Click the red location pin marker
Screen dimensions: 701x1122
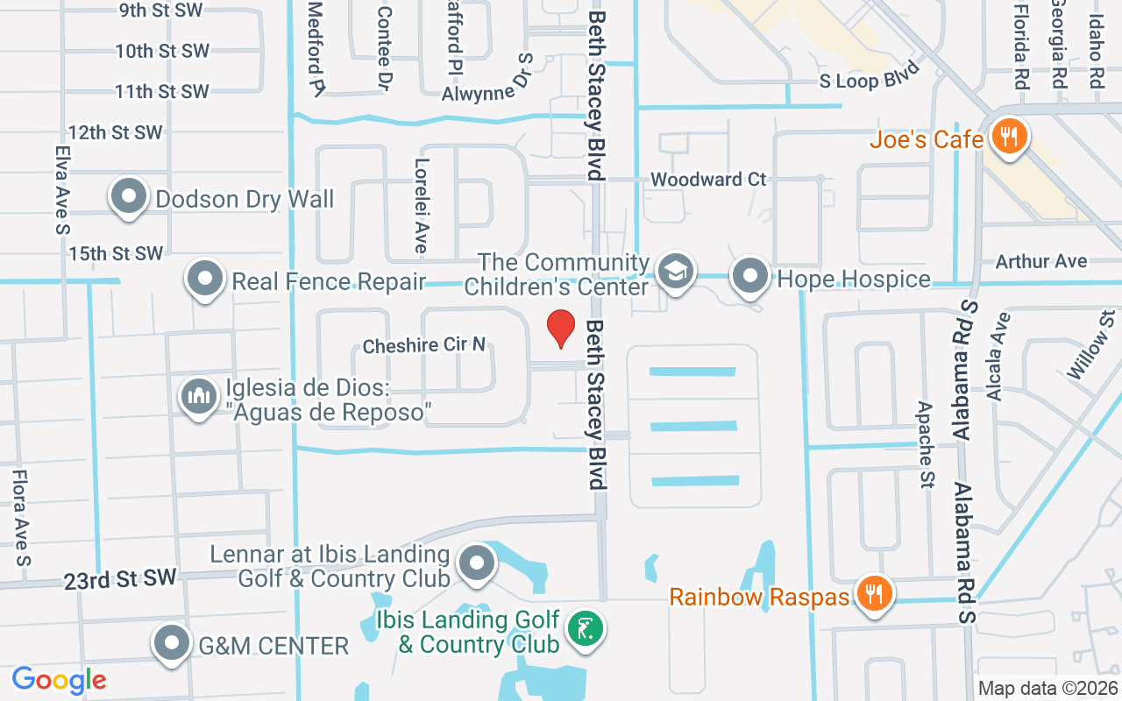(561, 327)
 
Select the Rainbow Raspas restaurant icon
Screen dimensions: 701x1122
(873, 595)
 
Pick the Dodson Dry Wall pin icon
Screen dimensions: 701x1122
(129, 196)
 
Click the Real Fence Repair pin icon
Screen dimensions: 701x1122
(205, 280)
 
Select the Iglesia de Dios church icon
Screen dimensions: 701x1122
(199, 396)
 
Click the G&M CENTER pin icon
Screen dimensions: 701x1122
(172, 644)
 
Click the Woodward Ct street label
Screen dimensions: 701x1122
(708, 180)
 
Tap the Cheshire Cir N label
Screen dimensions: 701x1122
(424, 345)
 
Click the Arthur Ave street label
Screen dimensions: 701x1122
(1041, 261)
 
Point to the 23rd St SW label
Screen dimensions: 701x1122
(120, 578)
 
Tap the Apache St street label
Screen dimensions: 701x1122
(925, 433)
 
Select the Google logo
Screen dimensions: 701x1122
(59, 679)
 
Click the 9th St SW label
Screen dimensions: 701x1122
(161, 11)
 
